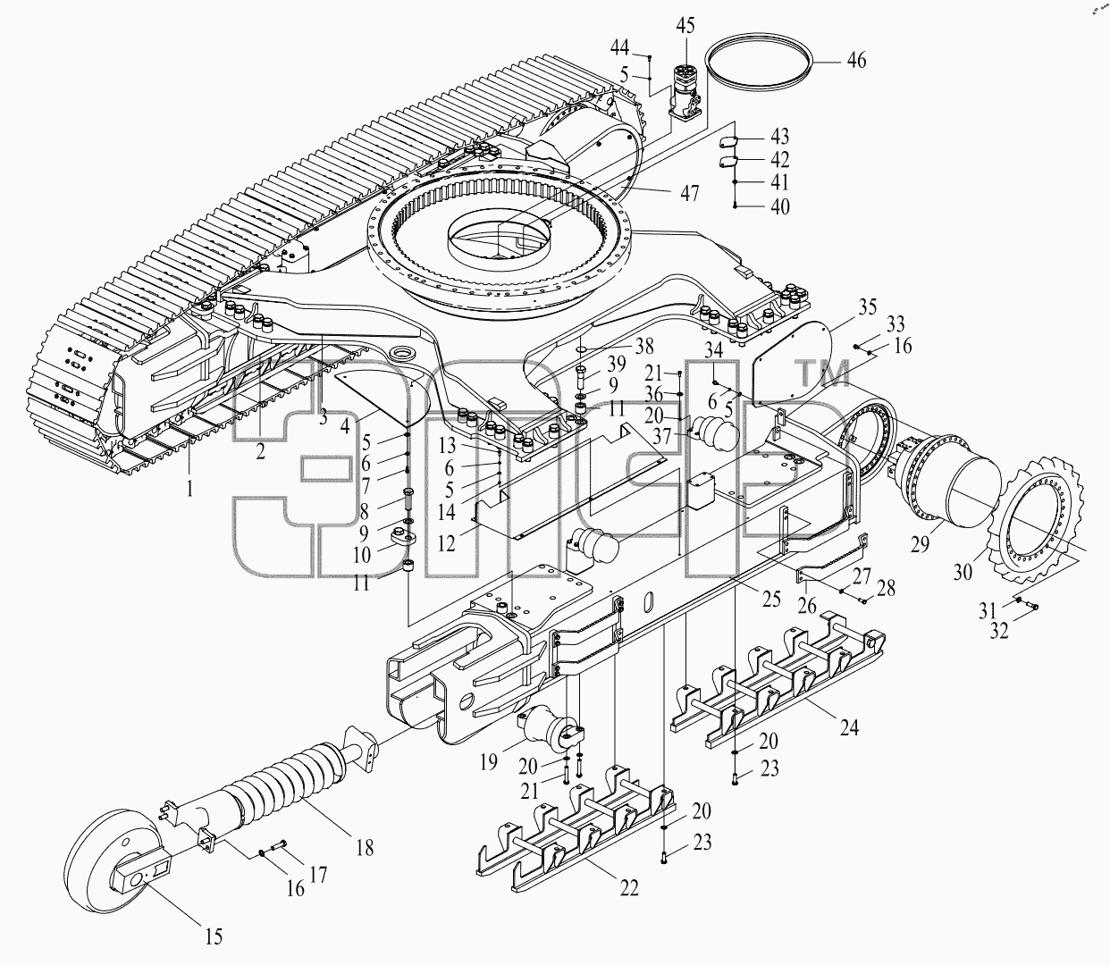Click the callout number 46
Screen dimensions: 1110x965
(x=857, y=60)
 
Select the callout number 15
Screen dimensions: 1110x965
(x=214, y=936)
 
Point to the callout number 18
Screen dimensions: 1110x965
(x=366, y=848)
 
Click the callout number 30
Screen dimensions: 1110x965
(x=963, y=572)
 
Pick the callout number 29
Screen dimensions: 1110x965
(x=921, y=544)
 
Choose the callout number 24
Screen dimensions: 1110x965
(x=849, y=727)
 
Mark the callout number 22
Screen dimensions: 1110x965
(x=628, y=888)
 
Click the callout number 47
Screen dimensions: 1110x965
(x=689, y=193)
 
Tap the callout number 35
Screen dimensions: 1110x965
(x=867, y=306)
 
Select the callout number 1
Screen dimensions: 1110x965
(x=189, y=489)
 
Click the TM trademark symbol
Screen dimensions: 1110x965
(x=823, y=373)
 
